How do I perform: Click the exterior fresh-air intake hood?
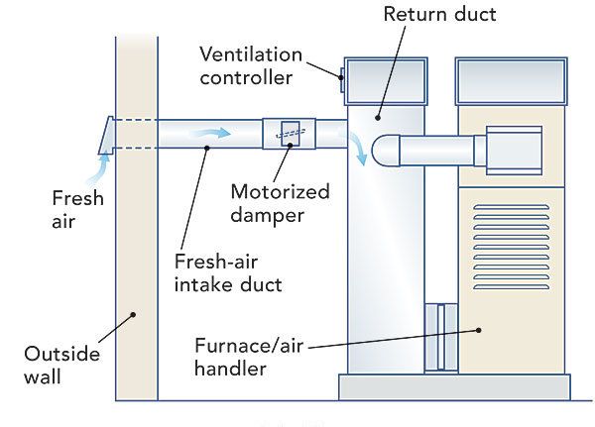point(105,135)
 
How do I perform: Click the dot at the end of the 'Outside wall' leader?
point(132,314)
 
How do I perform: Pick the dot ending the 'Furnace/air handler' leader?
point(477,332)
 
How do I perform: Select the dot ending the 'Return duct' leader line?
point(377,118)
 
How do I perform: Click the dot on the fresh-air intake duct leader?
point(204,149)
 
